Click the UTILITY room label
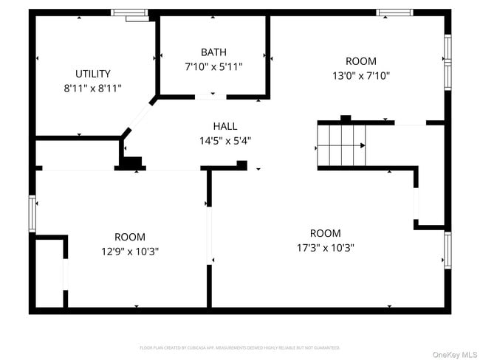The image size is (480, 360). click(93, 73)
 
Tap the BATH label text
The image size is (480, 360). click(213, 52)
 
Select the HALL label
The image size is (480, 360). click(225, 126)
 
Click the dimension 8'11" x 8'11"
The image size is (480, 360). click(93, 88)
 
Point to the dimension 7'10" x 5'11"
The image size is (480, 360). click(213, 66)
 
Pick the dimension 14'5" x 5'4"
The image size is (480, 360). click(225, 140)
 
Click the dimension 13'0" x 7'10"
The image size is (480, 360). click(360, 75)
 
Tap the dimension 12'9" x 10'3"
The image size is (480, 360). click(130, 251)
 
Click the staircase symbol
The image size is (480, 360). click(341, 145)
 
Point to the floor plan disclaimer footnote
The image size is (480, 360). click(240, 347)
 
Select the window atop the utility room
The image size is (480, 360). click(129, 13)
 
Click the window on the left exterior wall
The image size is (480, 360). click(32, 213)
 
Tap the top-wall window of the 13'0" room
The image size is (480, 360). click(394, 13)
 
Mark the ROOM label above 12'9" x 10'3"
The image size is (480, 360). click(130, 237)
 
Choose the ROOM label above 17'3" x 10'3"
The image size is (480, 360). click(325, 233)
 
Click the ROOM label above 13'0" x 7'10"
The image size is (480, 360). click(360, 61)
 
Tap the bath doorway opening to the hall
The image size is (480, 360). click(211, 97)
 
